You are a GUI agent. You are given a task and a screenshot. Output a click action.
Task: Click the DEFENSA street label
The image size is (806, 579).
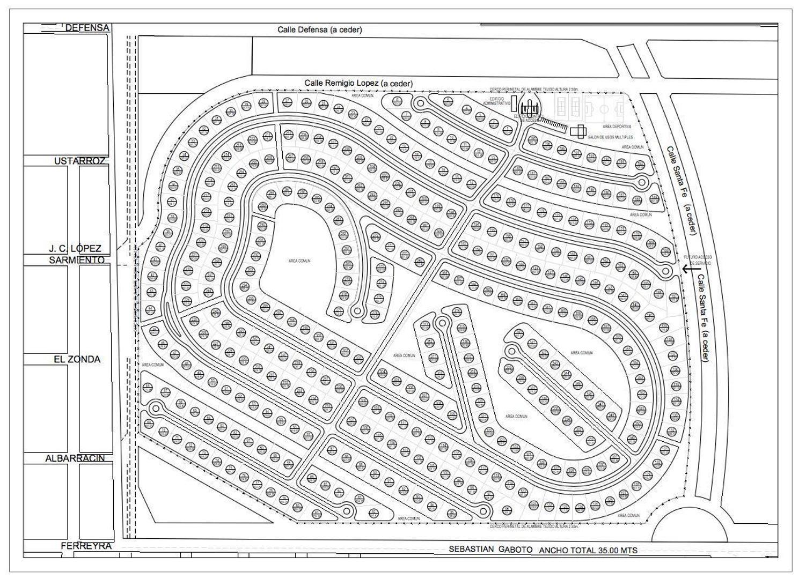tap(87, 28)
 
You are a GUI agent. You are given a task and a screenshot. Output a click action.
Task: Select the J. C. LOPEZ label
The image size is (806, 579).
tap(75, 249)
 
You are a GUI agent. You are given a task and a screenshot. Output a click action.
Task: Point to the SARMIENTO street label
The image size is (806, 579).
tap(77, 260)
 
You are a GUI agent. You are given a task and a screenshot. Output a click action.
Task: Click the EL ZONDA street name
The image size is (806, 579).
tap(77, 359)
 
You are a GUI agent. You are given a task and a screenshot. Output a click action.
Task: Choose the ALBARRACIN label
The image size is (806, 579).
tap(75, 458)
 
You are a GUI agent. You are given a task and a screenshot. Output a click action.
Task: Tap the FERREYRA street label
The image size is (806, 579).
tap(86, 546)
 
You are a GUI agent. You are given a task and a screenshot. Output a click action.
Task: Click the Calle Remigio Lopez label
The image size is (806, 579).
tap(358, 83)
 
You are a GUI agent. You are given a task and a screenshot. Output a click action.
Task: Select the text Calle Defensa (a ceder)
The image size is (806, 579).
tap(319, 29)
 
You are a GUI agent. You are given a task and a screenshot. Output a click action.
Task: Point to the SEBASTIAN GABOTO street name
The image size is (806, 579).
tap(490, 550)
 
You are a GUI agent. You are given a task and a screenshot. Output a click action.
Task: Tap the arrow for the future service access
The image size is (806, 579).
tap(688, 269)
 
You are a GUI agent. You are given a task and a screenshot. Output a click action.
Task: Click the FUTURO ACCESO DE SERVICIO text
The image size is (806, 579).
tap(697, 260)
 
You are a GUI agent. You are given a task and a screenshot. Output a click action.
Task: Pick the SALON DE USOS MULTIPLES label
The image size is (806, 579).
tap(610, 138)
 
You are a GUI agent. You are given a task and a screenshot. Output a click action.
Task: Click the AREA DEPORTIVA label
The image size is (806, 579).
tap(616, 127)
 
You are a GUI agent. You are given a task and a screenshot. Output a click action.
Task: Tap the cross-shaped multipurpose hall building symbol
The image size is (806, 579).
tap(578, 131)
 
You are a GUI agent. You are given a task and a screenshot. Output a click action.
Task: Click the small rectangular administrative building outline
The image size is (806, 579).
tap(514, 103)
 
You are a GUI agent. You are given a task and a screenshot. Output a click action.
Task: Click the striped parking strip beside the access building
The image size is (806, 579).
tap(554, 124)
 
